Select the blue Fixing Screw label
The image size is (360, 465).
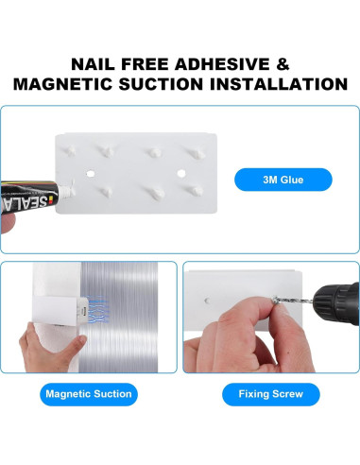click(269, 393)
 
